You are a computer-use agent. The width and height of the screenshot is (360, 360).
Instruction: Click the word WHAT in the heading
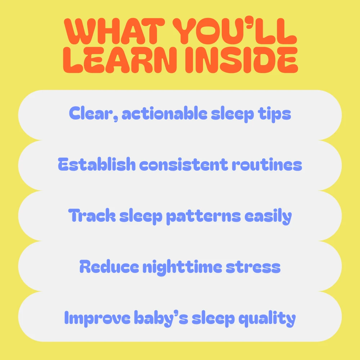(x=114, y=31)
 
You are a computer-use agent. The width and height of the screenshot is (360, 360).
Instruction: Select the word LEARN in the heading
(x=120, y=60)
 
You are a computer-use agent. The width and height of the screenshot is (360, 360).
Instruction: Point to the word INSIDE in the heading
(x=242, y=60)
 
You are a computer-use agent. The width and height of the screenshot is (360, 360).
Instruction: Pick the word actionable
(x=165, y=113)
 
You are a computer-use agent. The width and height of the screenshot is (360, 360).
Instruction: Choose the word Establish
(x=96, y=164)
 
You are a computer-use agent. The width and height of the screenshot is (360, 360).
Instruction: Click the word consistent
(x=184, y=165)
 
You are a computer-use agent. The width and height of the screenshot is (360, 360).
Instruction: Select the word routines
(x=267, y=165)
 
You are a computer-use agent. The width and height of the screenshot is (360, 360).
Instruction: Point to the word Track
(x=92, y=215)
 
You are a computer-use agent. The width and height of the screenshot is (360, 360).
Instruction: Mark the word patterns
(x=203, y=216)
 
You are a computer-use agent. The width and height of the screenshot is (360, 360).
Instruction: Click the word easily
(x=268, y=216)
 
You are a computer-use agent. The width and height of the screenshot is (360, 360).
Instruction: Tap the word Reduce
(x=109, y=266)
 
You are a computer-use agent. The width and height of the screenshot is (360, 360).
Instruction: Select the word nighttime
(x=182, y=267)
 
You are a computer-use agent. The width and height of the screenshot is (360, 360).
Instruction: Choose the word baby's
(x=161, y=318)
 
